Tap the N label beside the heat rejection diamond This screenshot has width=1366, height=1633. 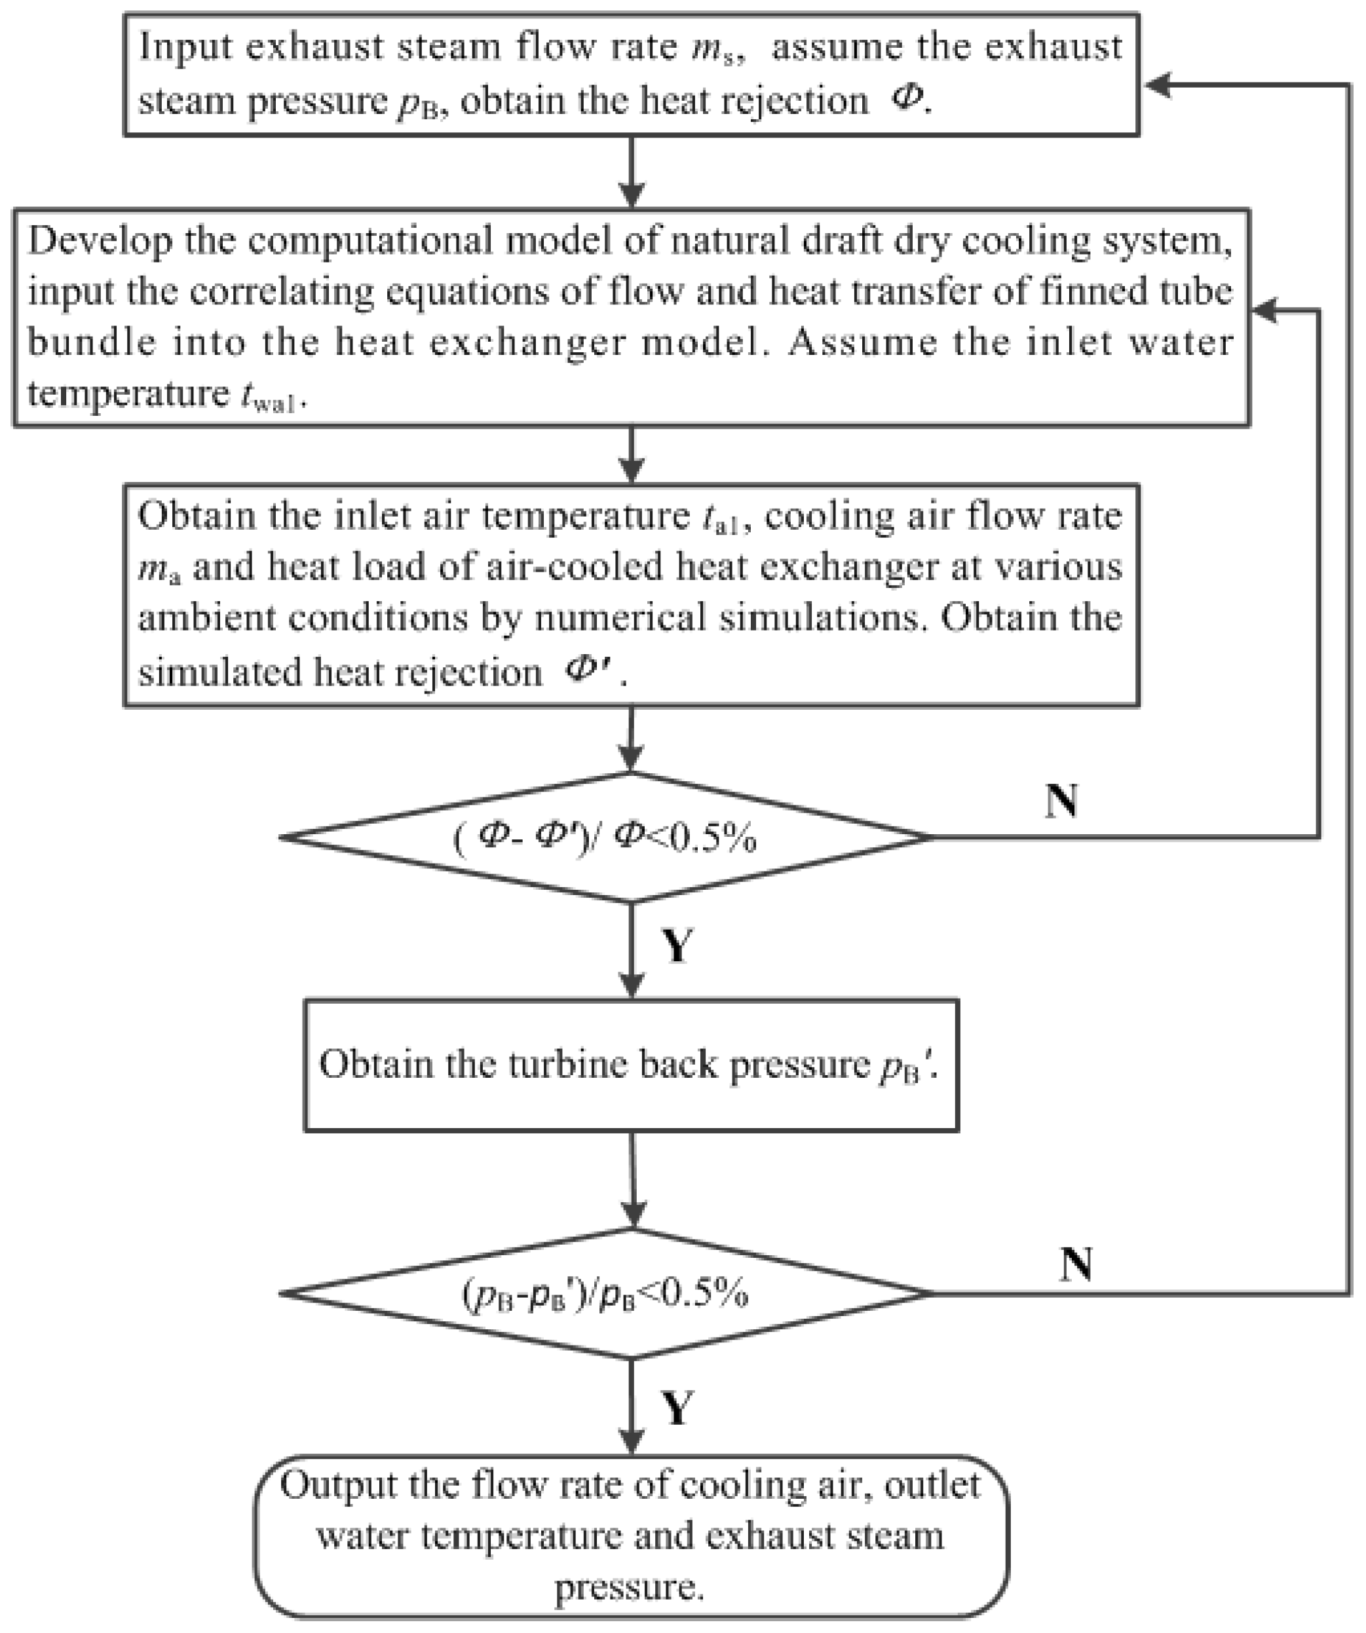tap(1061, 799)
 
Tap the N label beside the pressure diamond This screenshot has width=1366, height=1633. tap(1076, 1264)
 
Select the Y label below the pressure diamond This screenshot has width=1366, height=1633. tap(676, 1406)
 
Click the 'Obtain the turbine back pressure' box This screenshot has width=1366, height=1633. tap(631, 1065)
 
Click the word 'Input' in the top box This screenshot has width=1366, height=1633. tap(185, 48)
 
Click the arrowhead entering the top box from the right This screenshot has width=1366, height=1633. tap(1159, 86)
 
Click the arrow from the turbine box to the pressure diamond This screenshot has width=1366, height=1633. tap(634, 1179)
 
